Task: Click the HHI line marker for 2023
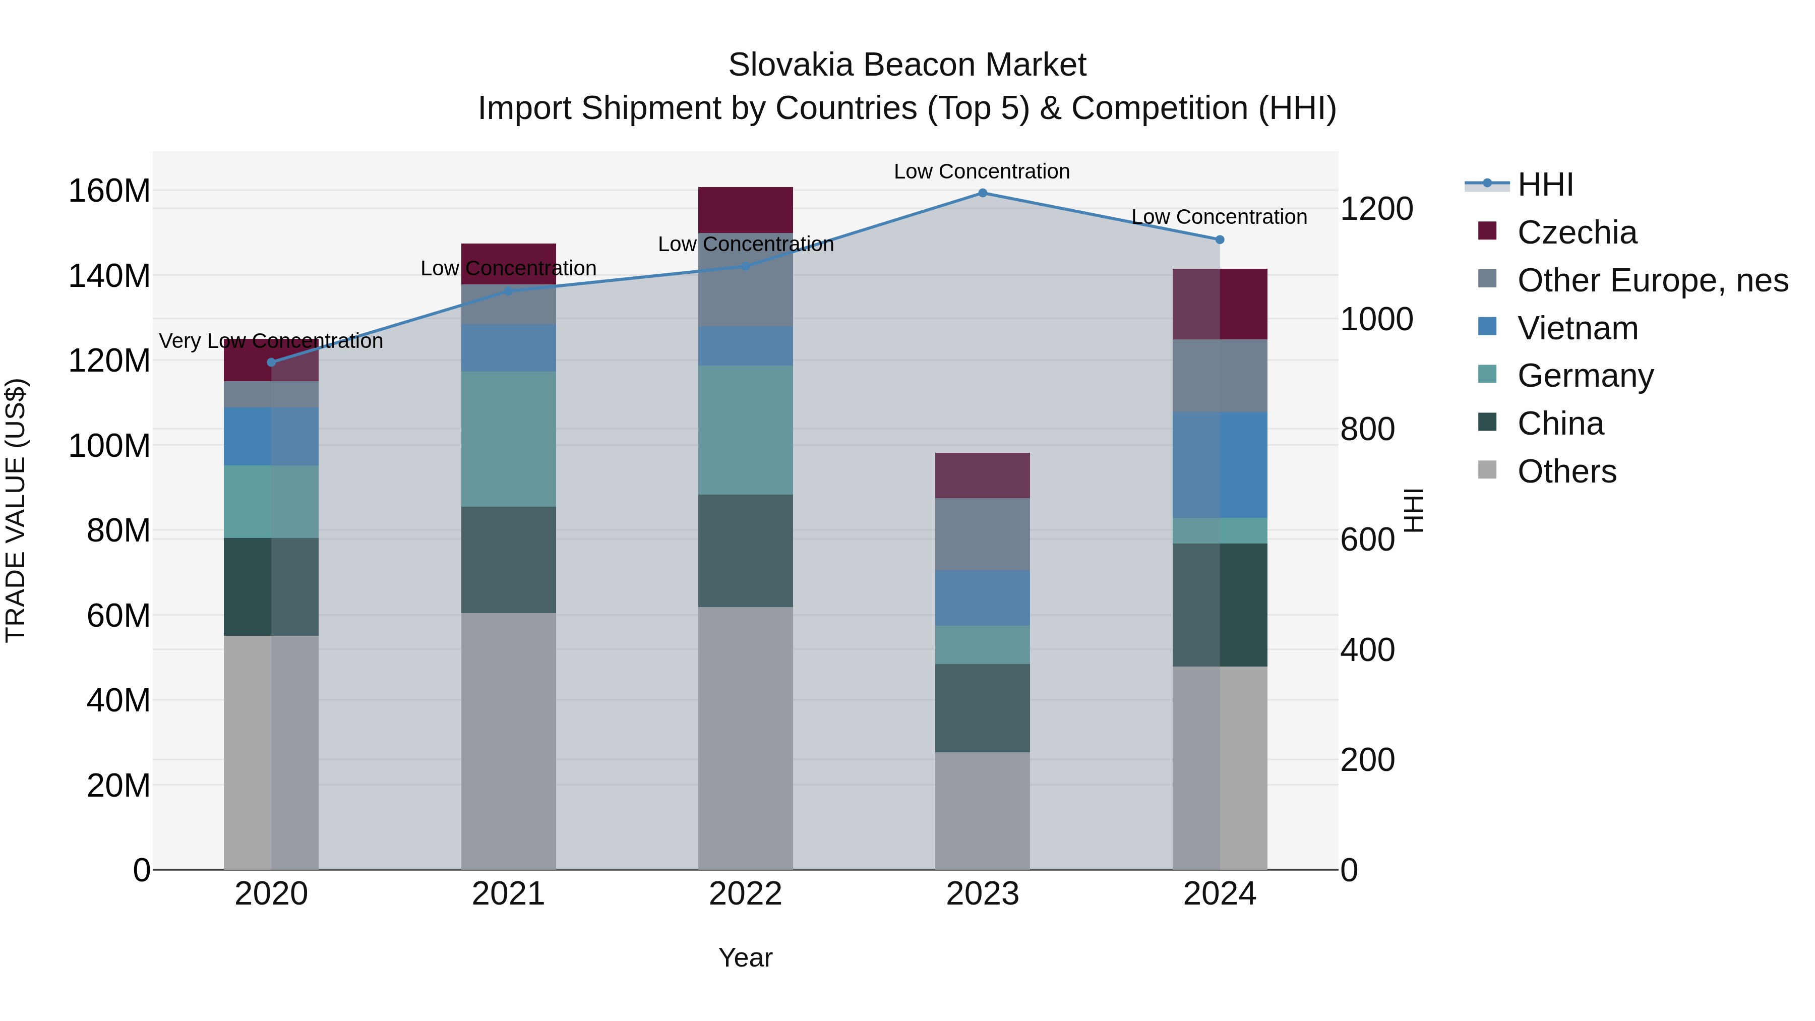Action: tap(982, 193)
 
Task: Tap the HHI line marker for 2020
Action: tap(271, 362)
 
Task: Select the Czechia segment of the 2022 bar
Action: tap(746, 210)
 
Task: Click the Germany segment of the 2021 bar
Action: tap(508, 439)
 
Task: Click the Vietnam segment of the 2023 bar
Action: tap(982, 597)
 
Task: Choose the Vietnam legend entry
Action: tap(1577, 328)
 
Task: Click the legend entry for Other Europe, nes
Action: tap(1652, 280)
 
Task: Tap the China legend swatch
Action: tap(1487, 423)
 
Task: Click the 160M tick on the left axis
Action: tap(109, 191)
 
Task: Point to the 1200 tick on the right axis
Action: tap(1375, 209)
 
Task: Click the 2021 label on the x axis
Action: tap(508, 894)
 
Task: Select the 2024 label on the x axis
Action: tap(1219, 894)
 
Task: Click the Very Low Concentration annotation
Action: tap(271, 341)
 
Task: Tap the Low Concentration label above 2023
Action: tap(982, 171)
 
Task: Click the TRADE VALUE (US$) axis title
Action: tap(16, 510)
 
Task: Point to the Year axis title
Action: tap(746, 957)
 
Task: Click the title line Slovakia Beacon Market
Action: tap(907, 65)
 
